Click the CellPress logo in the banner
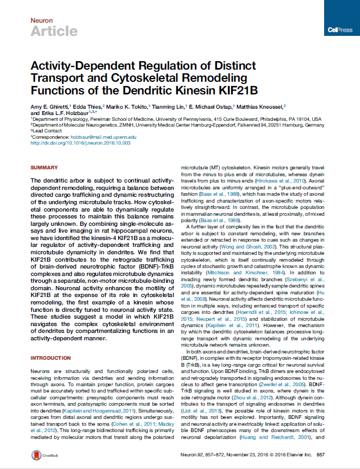339,30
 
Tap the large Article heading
54,32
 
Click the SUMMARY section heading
44,168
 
